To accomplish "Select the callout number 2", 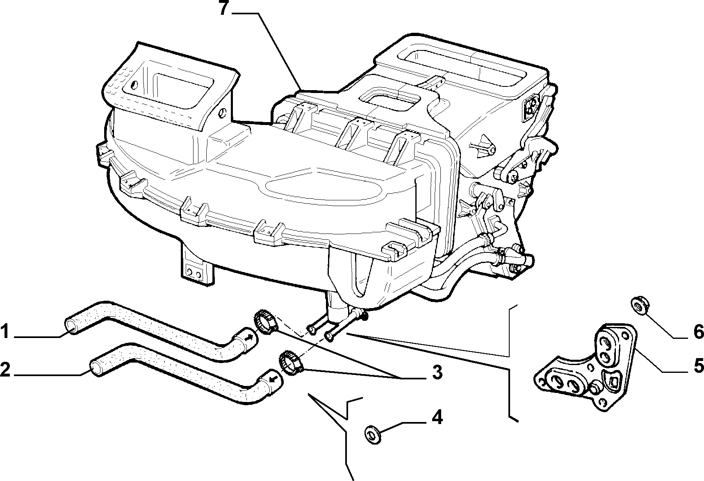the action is coord(5,370).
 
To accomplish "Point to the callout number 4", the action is coord(436,418).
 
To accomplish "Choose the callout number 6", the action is coord(698,332).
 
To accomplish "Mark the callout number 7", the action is coord(223,8).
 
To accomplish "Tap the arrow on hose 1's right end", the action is coord(249,338).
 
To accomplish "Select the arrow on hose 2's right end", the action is coord(273,378).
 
